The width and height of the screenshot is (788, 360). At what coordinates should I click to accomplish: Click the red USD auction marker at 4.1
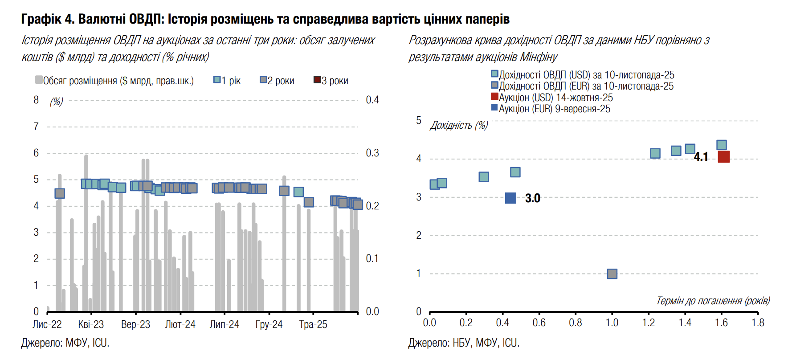[723, 157]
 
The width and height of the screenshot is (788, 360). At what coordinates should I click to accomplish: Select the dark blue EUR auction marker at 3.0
[510, 198]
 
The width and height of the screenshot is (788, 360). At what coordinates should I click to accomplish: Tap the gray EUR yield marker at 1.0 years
[612, 274]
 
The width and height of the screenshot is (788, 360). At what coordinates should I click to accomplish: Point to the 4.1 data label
[701, 157]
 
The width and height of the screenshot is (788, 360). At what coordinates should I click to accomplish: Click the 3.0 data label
[532, 198]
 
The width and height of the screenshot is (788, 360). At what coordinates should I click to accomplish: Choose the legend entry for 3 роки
[331, 81]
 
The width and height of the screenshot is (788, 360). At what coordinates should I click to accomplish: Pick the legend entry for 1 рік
[227, 81]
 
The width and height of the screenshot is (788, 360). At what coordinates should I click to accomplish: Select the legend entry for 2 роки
[277, 81]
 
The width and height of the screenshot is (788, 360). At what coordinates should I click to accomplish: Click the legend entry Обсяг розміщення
[114, 81]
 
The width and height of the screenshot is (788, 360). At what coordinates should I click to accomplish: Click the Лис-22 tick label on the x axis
[47, 324]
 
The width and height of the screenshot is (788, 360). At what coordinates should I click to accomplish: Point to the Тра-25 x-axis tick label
[313, 324]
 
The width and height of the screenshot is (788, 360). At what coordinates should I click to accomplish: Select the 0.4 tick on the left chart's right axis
[372, 100]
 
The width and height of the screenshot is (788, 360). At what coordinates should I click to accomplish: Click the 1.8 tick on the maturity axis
[757, 323]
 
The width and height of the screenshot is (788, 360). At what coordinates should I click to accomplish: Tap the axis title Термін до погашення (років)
[713, 301]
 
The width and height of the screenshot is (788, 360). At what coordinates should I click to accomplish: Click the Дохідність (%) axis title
[459, 125]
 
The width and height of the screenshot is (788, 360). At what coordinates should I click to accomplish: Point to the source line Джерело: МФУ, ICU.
[65, 343]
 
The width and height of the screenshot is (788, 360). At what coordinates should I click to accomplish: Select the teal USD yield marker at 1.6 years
[722, 145]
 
